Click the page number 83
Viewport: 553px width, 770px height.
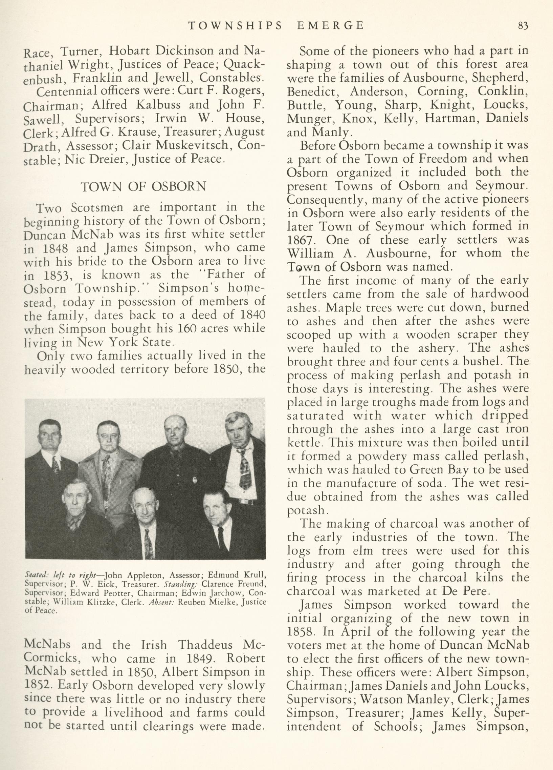coord(523,26)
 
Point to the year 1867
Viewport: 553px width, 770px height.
coord(300,240)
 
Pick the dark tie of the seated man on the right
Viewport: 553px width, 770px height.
coord(221,539)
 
